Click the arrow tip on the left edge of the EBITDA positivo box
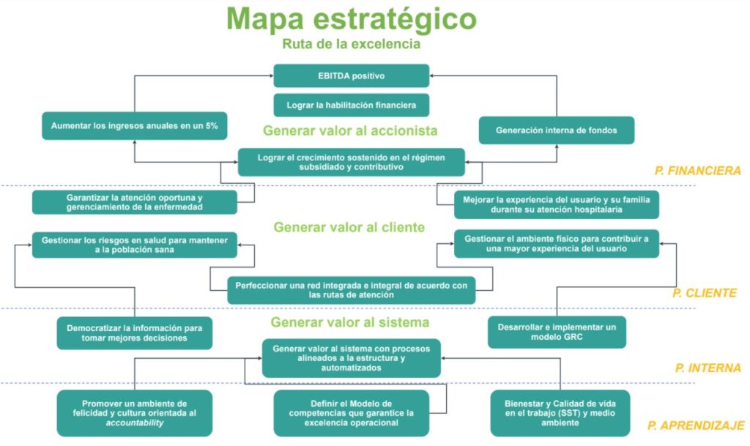(x=272, y=75)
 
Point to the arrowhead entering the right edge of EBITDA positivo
(x=431, y=75)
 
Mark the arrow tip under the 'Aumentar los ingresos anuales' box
(x=135, y=141)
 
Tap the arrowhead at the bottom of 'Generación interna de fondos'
(x=557, y=145)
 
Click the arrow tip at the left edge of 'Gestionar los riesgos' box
(x=31, y=245)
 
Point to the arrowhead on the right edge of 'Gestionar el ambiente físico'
(x=661, y=244)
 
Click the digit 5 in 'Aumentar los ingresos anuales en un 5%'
(x=209, y=126)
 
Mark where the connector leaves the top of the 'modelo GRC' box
(x=557, y=316)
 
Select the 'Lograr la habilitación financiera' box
(x=351, y=105)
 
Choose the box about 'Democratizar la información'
(x=135, y=332)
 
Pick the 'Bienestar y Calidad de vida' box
(x=560, y=413)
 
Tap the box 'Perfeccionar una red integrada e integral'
(x=351, y=290)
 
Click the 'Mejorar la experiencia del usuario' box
(x=557, y=204)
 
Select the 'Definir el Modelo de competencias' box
(x=351, y=413)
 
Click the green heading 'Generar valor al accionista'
(x=350, y=130)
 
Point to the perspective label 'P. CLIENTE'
(x=705, y=293)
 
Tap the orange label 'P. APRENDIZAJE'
(x=696, y=425)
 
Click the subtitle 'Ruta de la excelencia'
(x=351, y=44)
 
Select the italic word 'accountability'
(x=135, y=423)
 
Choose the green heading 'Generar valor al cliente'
(x=349, y=227)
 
